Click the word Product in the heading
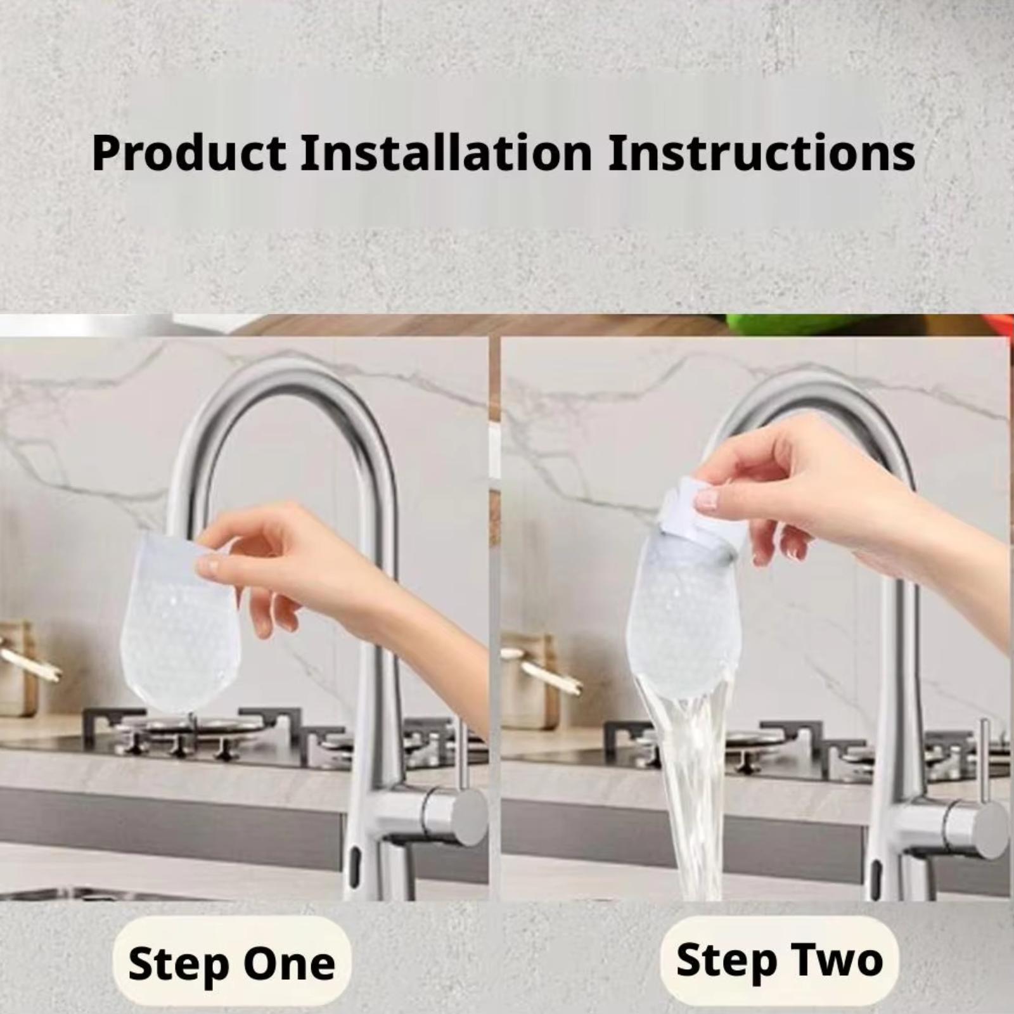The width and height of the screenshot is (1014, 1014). click(x=189, y=153)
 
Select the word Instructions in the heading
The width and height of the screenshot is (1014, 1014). click(x=761, y=153)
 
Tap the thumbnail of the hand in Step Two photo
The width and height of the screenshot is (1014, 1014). click(x=706, y=500)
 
